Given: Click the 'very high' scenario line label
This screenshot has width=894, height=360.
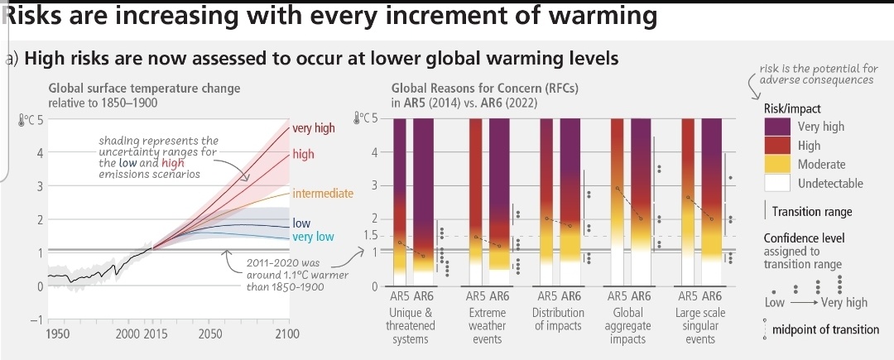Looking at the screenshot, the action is point(314,128).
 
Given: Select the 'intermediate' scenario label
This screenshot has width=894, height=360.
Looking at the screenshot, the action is point(323,194).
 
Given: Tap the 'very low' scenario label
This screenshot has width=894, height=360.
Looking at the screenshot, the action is point(313,237).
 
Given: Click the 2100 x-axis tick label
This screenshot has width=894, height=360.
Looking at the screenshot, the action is point(286,334).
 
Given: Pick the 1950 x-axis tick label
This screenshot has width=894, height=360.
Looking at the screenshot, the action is point(59,334).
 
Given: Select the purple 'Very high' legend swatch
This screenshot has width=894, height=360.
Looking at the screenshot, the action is point(776,127).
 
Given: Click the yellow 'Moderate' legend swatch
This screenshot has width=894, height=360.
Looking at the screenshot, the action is point(776,165).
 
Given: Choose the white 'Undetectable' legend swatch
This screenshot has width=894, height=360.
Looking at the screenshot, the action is point(776,183).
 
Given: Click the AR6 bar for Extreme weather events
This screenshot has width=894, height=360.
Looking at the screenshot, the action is point(499,202).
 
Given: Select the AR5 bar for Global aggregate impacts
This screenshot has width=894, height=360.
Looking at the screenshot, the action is point(617,202).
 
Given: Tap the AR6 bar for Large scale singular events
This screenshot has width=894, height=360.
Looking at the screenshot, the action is point(712,202).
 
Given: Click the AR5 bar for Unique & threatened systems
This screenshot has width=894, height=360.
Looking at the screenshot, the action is point(400,202).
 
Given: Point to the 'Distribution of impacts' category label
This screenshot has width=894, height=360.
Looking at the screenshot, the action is point(558,319).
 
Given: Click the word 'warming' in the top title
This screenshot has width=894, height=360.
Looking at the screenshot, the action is point(602,16).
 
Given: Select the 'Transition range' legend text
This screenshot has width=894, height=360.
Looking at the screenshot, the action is point(812,212).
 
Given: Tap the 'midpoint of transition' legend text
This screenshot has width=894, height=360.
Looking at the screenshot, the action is point(825,329).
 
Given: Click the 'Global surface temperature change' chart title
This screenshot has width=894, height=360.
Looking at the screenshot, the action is point(144,89).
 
